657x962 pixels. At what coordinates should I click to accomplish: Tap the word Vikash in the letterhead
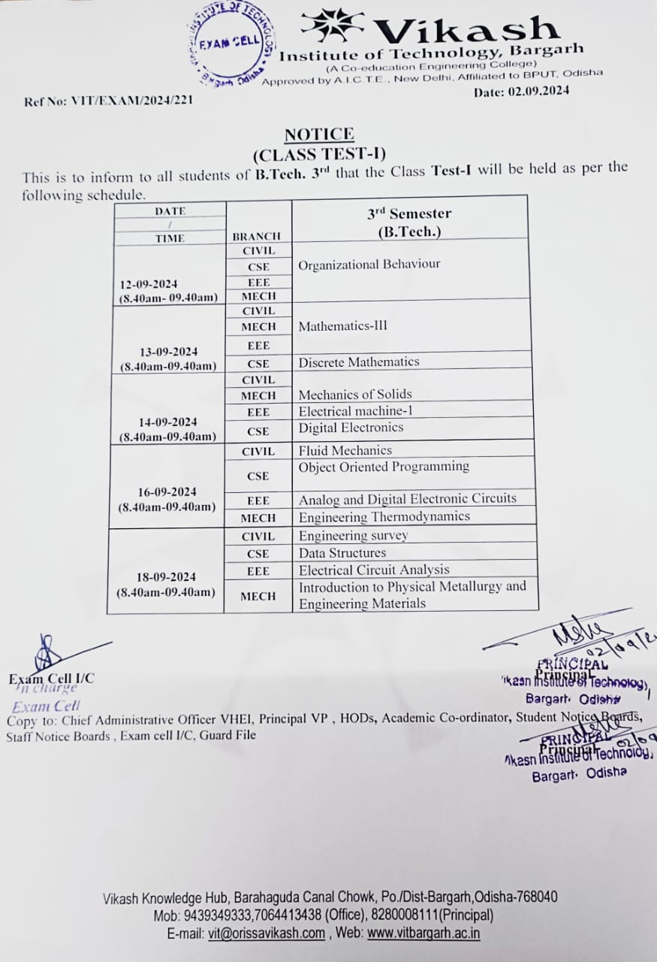[466, 30]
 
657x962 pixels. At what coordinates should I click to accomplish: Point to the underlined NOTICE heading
[319, 135]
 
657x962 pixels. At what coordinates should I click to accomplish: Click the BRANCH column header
[257, 237]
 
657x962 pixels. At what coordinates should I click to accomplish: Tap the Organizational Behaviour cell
[369, 265]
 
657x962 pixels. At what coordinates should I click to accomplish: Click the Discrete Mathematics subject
[359, 362]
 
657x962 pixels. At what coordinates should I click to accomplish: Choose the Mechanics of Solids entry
[355, 394]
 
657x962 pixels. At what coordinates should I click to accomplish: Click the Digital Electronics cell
[351, 428]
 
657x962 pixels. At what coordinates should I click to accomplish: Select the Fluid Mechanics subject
[345, 450]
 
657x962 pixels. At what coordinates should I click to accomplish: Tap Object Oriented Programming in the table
[384, 467]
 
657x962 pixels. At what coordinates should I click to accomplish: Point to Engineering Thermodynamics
[384, 517]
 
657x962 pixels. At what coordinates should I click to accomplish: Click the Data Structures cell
[342, 553]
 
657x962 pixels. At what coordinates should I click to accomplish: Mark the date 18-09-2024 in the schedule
[166, 577]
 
